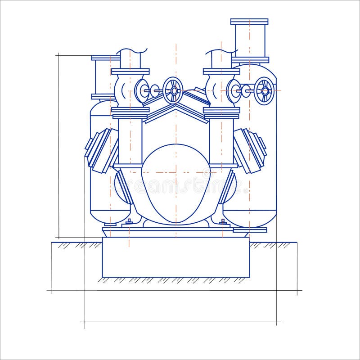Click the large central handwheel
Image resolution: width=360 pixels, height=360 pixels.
173,90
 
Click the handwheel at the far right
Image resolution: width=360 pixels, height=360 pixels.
264,90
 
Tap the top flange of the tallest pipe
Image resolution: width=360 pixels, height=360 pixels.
249,22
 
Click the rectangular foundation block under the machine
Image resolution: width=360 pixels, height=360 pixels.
176,257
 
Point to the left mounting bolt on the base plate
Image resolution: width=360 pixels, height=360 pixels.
129,221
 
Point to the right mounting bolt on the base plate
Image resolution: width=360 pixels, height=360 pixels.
222,221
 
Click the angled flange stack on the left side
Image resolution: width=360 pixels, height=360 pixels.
101,150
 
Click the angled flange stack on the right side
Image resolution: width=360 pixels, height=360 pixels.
250,150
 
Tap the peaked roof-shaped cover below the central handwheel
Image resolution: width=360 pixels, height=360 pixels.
176,110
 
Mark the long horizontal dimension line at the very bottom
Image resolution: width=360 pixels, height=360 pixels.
180,322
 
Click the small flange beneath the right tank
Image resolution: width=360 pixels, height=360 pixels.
250,230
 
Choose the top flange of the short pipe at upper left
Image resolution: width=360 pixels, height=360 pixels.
105,58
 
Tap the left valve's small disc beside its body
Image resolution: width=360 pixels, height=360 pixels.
142,91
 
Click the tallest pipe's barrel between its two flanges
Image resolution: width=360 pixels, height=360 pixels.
249,40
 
